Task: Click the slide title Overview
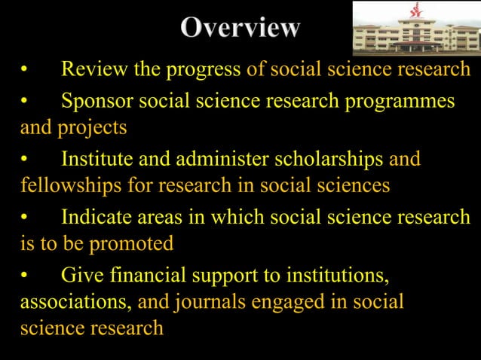(x=240, y=29)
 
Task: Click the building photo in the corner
(x=415, y=29)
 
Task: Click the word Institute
(x=100, y=159)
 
